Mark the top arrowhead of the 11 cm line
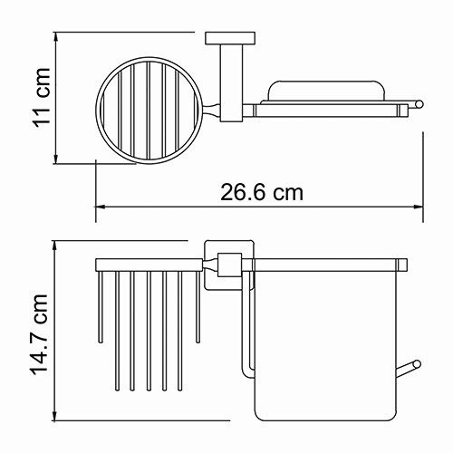coord(57,40)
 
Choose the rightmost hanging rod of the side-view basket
coord(196,317)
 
